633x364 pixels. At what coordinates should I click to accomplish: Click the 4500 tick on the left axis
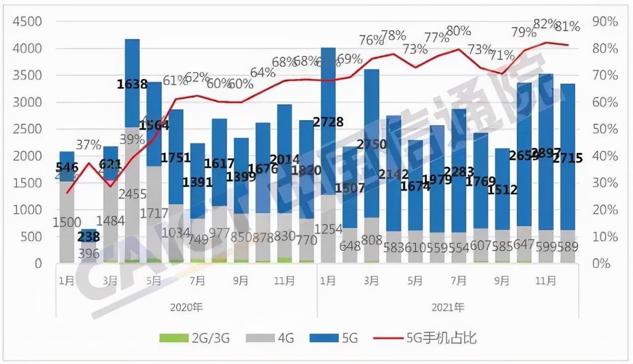(x=27, y=22)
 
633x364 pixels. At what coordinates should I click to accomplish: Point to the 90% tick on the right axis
(x=605, y=22)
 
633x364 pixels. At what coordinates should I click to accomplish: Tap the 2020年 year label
(x=186, y=307)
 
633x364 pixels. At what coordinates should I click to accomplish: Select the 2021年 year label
(x=448, y=307)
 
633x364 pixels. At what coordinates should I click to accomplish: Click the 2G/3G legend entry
(x=195, y=338)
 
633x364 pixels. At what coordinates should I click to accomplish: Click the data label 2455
(x=132, y=193)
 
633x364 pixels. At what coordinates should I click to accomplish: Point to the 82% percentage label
(x=546, y=23)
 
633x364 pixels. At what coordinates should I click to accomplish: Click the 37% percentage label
(x=89, y=145)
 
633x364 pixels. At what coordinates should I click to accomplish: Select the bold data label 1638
(x=132, y=84)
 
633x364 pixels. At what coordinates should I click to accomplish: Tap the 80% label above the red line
(x=458, y=31)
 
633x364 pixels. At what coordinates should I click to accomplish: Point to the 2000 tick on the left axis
(x=27, y=156)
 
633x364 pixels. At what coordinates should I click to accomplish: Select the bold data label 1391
(x=197, y=182)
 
